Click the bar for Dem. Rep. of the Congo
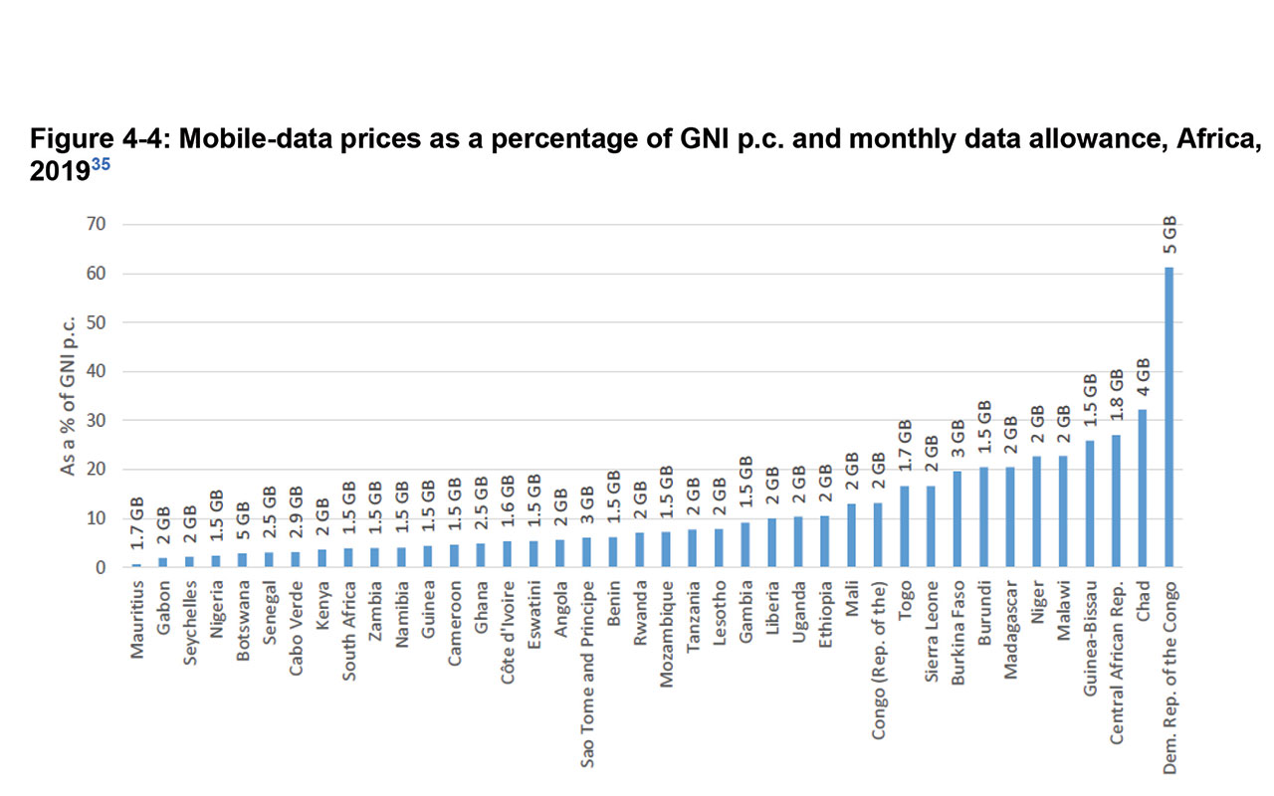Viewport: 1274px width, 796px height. click(x=1169, y=418)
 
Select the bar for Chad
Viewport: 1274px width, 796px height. click(x=1143, y=489)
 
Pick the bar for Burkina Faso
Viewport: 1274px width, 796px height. click(x=957, y=519)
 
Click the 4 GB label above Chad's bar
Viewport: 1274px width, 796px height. click(x=1143, y=378)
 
